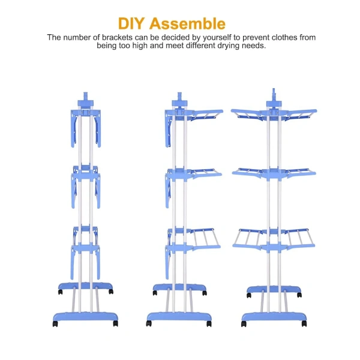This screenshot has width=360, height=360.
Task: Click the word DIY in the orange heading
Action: [x=131, y=23]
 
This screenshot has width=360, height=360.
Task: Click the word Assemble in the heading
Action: [x=187, y=23]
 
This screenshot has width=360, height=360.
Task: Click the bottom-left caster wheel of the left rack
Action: [x=55, y=324]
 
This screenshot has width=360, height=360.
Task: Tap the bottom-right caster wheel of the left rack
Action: [x=115, y=323]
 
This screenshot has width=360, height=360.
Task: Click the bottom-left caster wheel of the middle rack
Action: [x=149, y=323]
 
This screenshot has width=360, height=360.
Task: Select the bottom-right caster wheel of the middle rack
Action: [x=209, y=324]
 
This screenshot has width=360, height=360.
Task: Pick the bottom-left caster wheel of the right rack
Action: [x=244, y=324]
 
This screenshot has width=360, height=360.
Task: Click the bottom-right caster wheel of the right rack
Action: [x=304, y=324]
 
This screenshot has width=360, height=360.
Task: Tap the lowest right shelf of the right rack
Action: [x=299, y=239]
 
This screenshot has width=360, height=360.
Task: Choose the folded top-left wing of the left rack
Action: [x=74, y=128]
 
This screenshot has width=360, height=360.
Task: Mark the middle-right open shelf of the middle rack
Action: [x=206, y=173]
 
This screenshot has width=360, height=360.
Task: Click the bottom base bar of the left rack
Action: [x=85, y=317]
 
